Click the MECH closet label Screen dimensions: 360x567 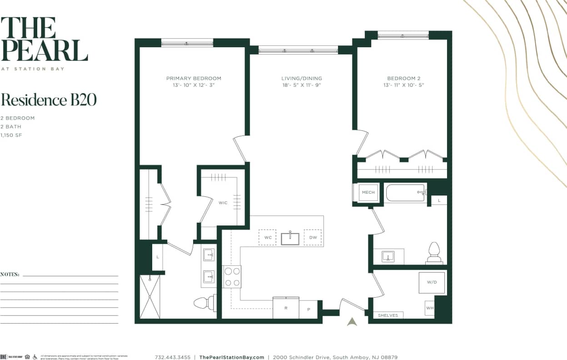click(368, 192)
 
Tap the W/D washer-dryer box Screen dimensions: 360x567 click(431, 283)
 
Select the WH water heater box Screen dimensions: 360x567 click(430, 308)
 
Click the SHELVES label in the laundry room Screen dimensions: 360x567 click(388, 315)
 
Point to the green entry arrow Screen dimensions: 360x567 click(352, 321)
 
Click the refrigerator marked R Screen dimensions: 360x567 click(286, 308)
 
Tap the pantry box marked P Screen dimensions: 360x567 click(308, 309)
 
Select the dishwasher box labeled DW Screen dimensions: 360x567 click(313, 237)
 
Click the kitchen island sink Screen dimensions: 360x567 click(290, 238)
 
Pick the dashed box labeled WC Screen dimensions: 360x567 click(267, 237)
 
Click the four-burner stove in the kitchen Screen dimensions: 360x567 click(232, 276)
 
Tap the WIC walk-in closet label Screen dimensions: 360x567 click(223, 203)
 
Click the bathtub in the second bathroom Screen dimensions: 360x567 click(406, 193)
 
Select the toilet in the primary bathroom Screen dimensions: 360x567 click(203, 302)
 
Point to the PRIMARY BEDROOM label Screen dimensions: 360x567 click(194, 78)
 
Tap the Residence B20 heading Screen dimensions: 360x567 click(49, 100)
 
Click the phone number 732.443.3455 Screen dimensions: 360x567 click(173, 357)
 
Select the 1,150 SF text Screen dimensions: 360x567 click(11, 135)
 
